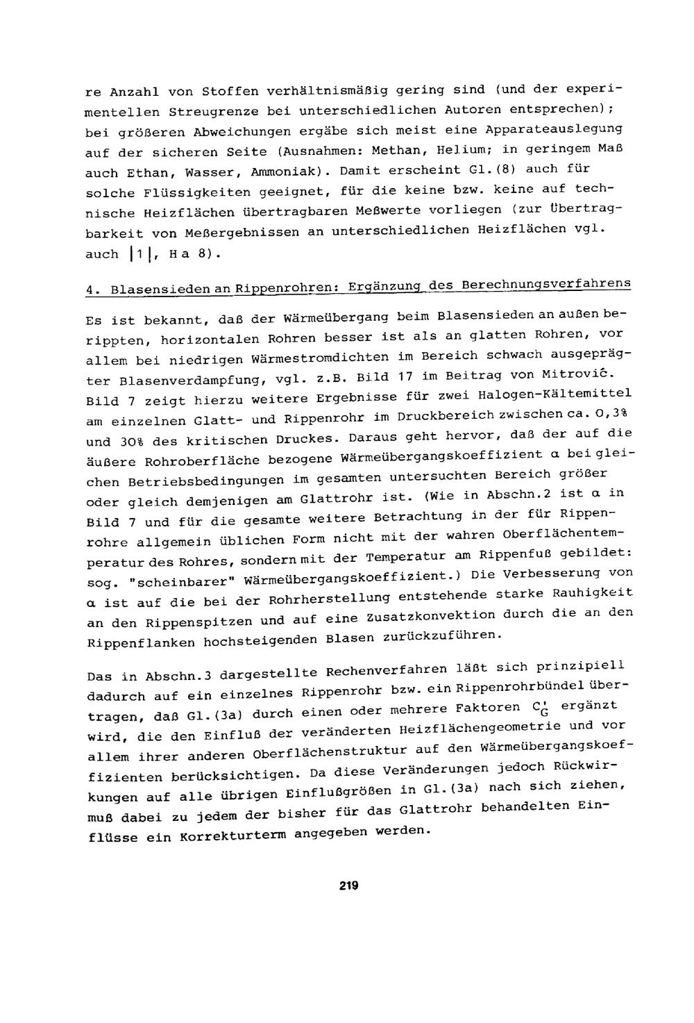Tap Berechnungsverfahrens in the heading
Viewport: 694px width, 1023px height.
click(x=547, y=283)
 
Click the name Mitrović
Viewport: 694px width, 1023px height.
click(x=552, y=374)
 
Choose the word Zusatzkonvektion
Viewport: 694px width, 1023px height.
click(x=416, y=617)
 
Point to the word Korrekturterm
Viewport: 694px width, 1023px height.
click(x=232, y=836)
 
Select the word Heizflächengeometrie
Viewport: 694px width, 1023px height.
click(x=475, y=729)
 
